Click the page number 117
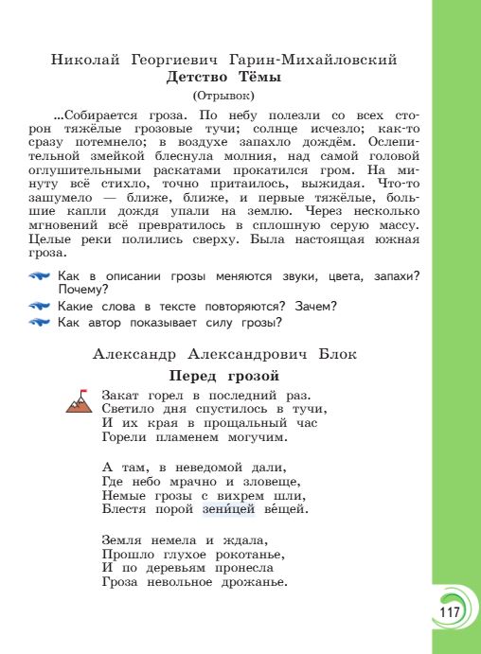[x=449, y=612]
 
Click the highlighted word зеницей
[x=229, y=509]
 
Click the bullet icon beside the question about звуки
[x=40, y=276]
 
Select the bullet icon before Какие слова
[x=40, y=306]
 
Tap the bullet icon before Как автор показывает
[x=40, y=323]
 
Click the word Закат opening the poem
[x=120, y=395]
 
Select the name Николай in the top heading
[x=86, y=60]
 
